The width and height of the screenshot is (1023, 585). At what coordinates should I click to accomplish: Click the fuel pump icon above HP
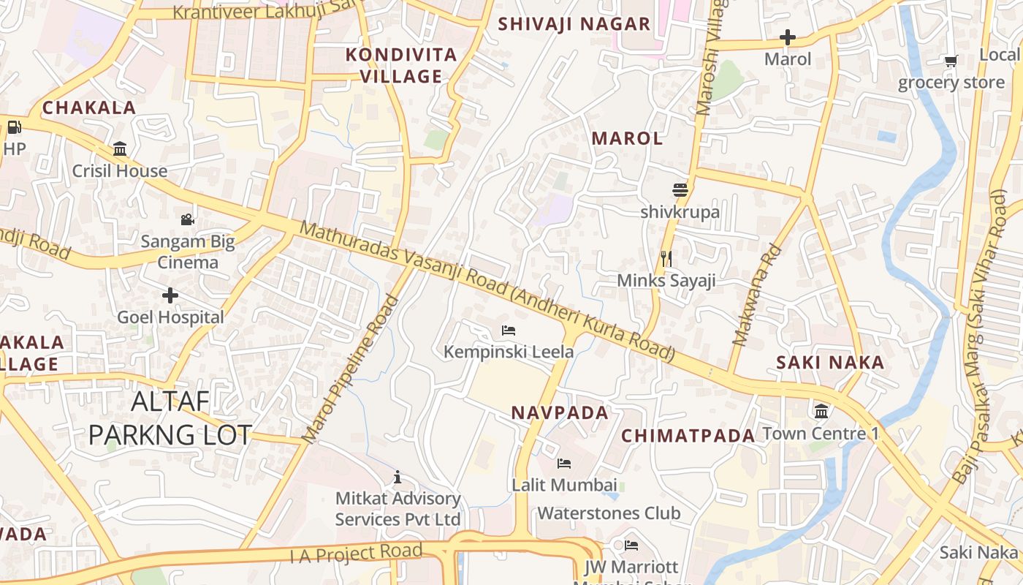14,128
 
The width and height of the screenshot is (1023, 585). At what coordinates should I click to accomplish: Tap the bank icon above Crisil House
120,150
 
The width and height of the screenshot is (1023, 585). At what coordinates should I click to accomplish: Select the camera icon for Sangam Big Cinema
188,219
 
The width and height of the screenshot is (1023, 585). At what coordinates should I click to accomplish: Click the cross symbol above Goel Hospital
170,295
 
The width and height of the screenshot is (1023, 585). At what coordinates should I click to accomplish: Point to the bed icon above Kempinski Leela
509,331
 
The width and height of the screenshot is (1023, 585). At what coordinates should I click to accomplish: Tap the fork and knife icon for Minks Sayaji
666,259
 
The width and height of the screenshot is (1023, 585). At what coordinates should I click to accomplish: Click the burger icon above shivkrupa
680,190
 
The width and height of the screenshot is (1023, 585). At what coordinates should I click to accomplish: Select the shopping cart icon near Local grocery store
951,61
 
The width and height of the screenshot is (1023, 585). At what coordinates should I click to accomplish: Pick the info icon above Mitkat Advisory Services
398,478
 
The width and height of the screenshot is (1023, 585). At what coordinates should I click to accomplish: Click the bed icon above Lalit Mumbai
564,464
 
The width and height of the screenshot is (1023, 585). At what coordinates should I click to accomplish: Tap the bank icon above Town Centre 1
821,411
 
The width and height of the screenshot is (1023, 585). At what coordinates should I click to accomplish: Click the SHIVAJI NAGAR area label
574,24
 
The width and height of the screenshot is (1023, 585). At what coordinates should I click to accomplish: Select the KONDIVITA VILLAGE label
401,65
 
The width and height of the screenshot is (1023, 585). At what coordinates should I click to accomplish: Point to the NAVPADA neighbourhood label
560,413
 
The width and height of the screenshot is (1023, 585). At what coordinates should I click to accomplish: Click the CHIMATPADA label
688,437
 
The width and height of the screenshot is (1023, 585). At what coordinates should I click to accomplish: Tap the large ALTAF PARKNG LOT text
170,418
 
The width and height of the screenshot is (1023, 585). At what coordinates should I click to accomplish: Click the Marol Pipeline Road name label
351,369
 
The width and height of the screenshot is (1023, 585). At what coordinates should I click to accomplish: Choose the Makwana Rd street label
757,295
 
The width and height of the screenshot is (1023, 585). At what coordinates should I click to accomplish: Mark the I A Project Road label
357,554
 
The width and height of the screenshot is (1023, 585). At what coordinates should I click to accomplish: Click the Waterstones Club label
609,513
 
